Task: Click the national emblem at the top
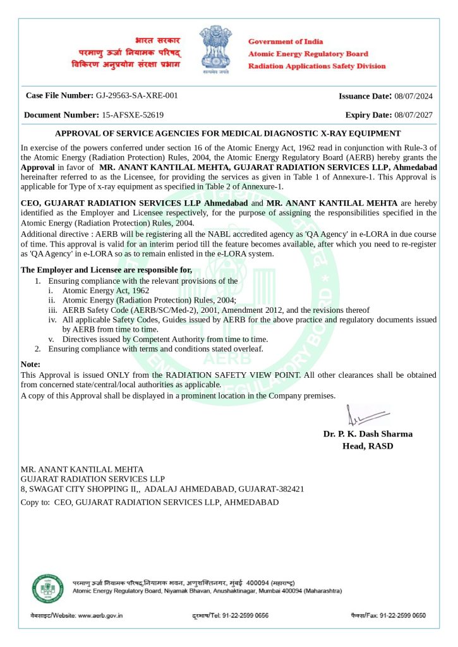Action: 217,49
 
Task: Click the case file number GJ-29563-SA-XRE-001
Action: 136,95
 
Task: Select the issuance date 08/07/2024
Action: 413,96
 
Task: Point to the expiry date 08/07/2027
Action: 413,115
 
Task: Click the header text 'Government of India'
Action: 286,41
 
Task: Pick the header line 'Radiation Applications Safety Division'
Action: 316,66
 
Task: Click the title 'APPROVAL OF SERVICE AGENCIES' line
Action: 228,133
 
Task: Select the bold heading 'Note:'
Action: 30,365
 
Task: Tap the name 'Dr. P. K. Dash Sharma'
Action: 368,434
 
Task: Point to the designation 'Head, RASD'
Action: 367,446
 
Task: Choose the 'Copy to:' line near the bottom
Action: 150,502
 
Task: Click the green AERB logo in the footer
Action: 48,588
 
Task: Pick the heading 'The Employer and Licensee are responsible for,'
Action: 106,270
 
